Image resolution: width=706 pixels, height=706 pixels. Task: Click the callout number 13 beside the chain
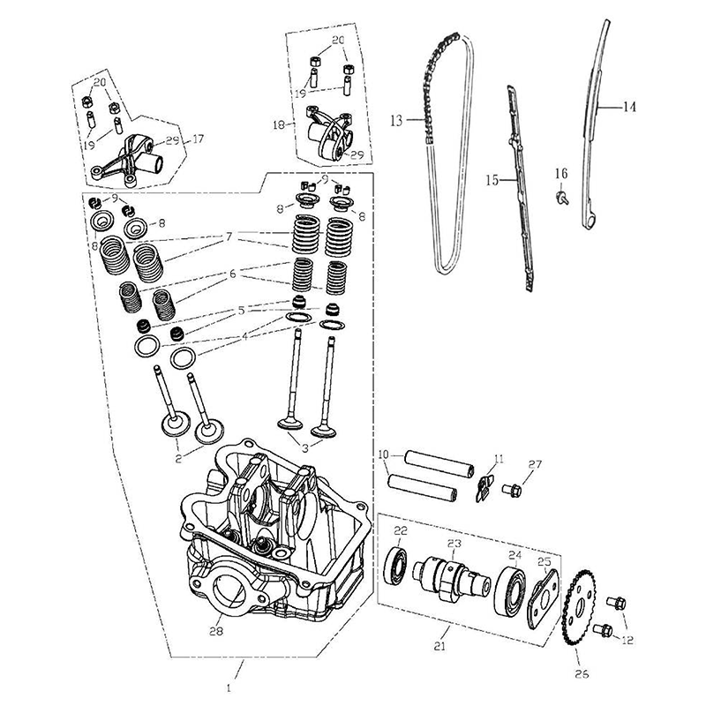[396, 119]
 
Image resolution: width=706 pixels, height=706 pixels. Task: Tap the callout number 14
[629, 107]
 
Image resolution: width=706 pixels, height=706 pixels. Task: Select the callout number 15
[492, 179]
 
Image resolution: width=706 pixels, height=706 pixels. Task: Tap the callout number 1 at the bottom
[230, 686]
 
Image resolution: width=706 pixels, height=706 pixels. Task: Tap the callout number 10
[383, 454]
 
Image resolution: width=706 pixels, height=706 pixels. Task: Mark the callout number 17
[198, 139]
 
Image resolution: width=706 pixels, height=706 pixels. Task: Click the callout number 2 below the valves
[179, 459]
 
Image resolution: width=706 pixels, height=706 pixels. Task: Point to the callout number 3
[305, 447]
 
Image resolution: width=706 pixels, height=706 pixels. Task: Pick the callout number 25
[545, 561]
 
